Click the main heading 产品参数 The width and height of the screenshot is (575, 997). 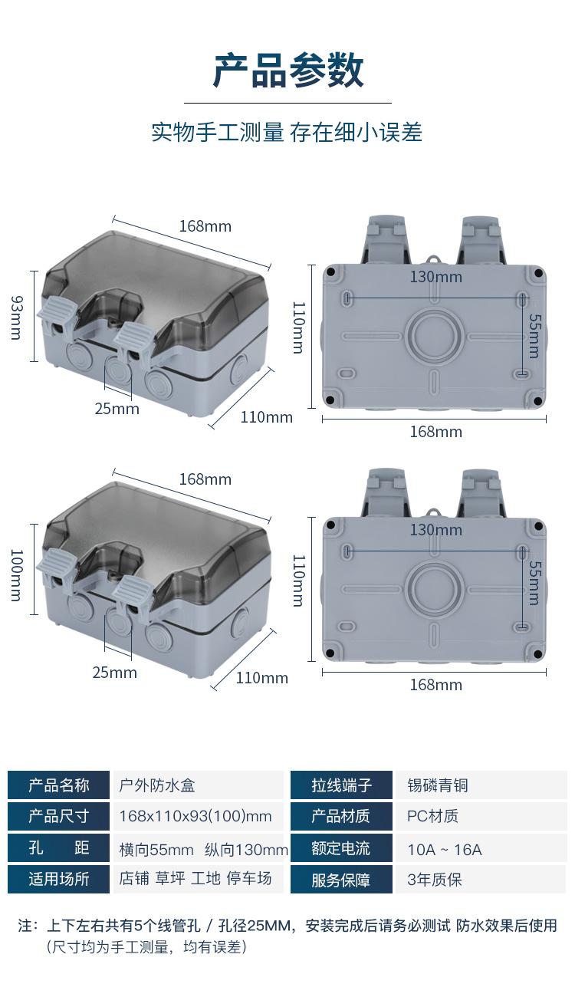point(288,71)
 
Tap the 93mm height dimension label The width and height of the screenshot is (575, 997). point(16,318)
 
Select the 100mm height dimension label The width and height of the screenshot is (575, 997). point(16,575)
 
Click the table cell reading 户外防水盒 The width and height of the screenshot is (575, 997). point(198,785)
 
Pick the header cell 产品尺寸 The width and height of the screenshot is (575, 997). point(58,816)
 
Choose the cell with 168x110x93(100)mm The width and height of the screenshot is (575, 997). point(198,816)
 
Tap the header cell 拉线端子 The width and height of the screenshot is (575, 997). point(341,785)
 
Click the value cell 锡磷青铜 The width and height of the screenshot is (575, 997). point(481,785)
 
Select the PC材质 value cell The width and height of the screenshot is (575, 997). point(481,816)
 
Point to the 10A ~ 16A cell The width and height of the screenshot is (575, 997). point(481,848)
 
